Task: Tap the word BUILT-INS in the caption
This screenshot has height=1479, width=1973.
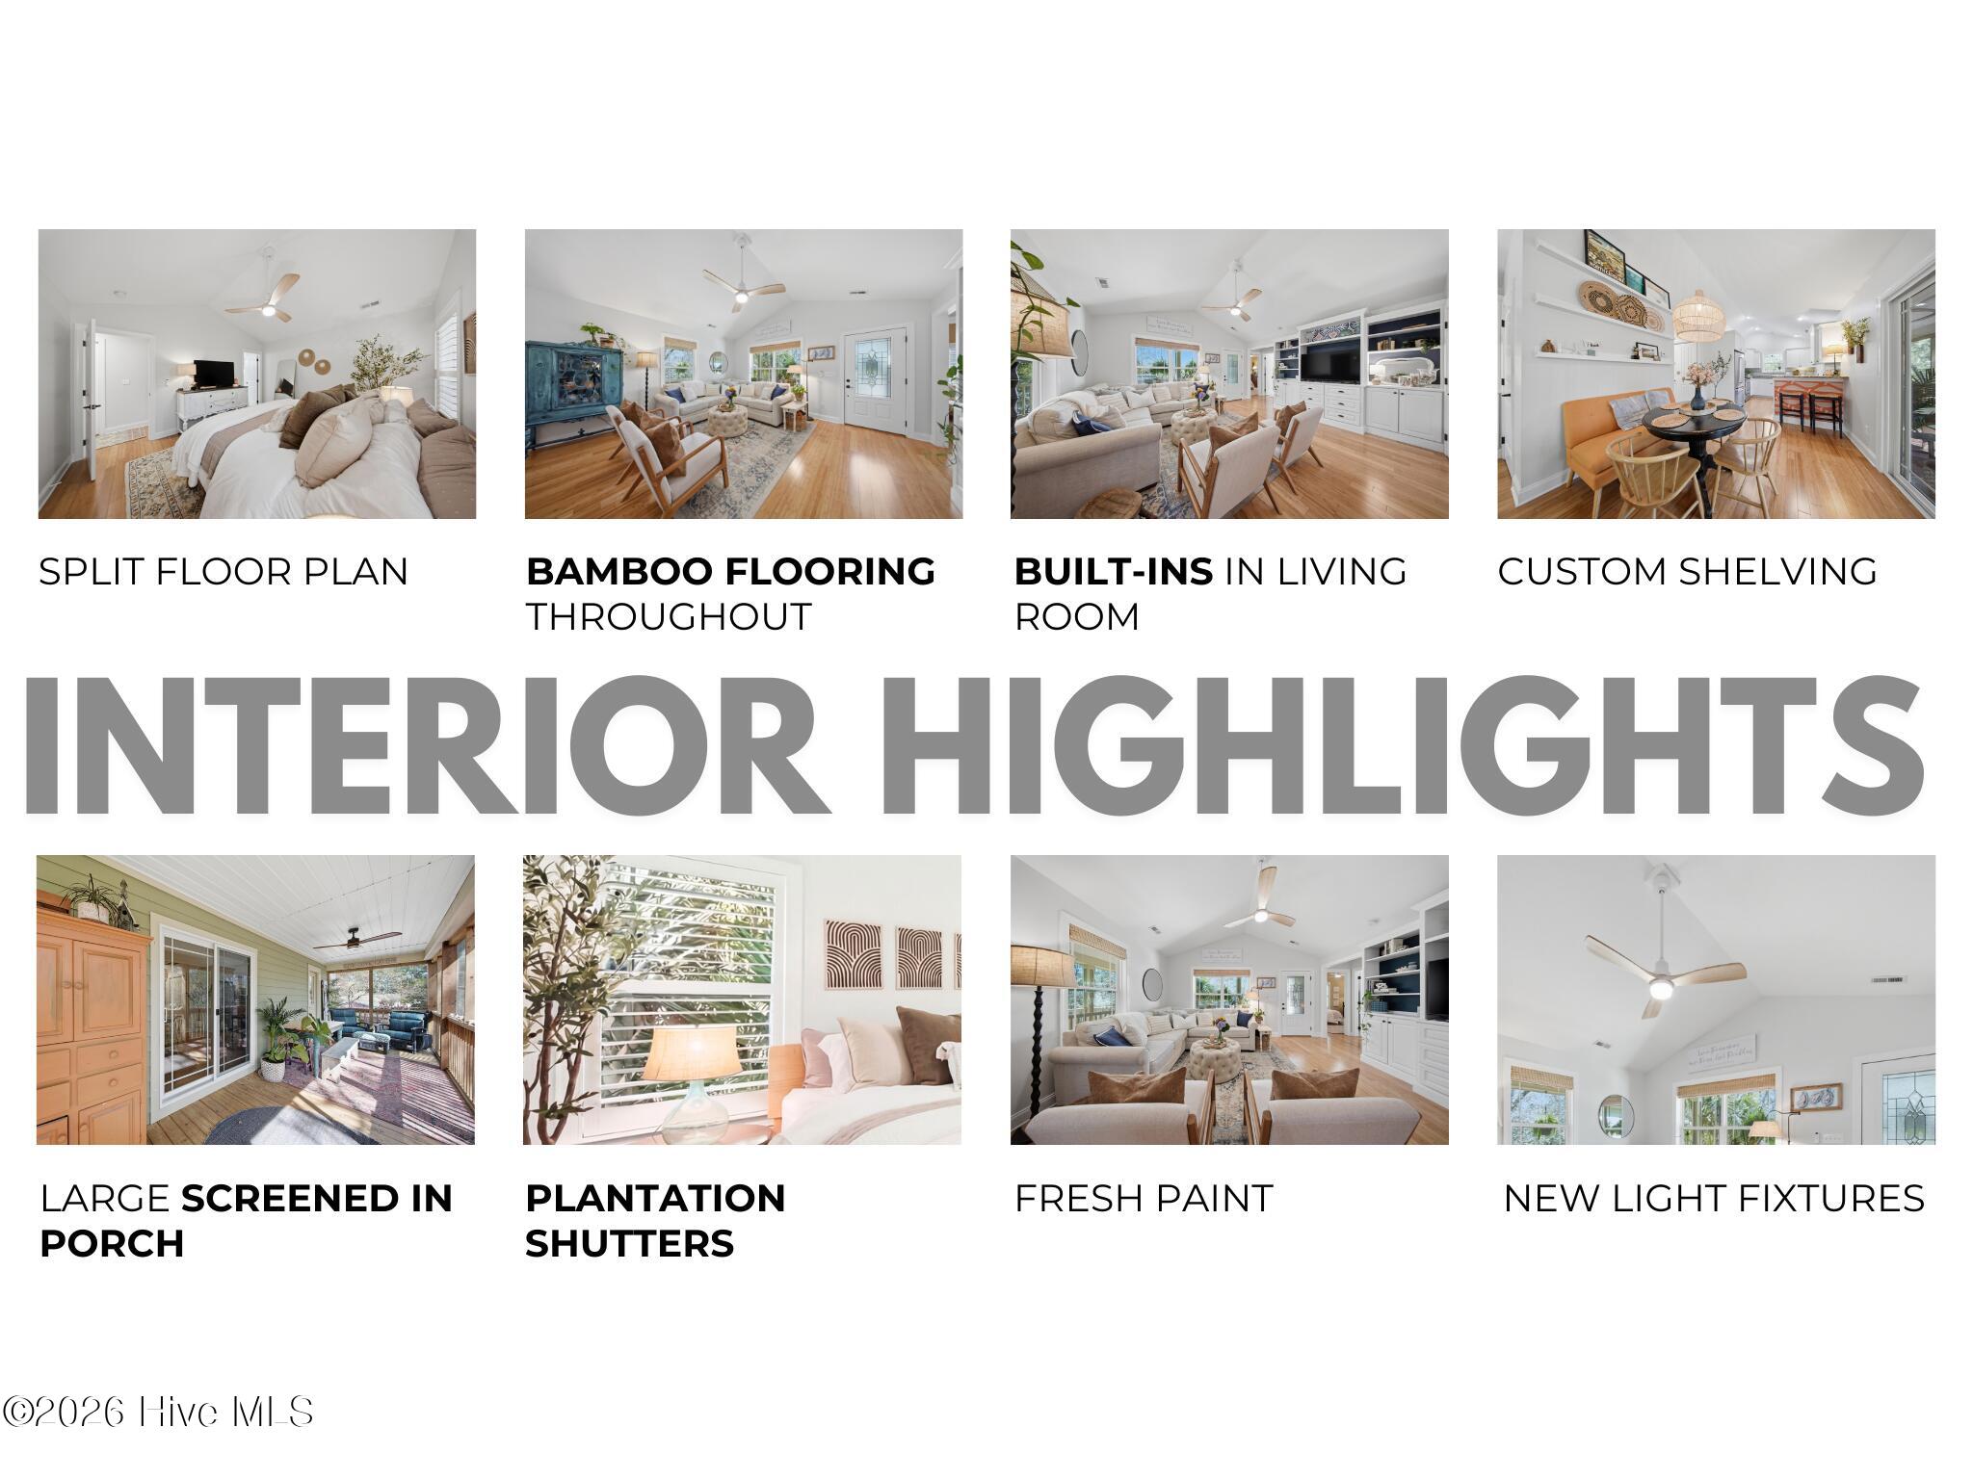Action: tap(1113, 571)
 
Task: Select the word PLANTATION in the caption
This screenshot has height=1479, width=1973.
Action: tap(655, 1198)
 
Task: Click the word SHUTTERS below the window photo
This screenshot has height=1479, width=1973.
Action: tap(630, 1243)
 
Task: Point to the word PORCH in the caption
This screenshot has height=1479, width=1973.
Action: tap(112, 1243)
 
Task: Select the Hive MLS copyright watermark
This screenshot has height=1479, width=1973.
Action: tap(158, 1413)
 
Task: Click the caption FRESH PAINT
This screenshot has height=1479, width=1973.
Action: tap(1144, 1198)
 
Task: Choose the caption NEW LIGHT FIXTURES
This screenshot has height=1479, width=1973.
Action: tap(1714, 1198)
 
